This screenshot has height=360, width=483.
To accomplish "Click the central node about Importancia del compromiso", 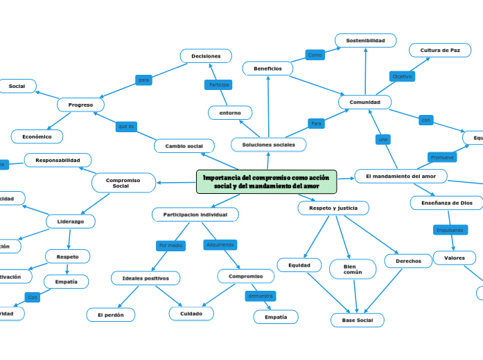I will coord(267,182).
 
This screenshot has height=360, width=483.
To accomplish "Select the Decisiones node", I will coord(206,56).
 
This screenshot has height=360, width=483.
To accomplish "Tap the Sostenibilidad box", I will coord(365,41).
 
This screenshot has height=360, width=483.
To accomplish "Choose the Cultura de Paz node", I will coord(440,51).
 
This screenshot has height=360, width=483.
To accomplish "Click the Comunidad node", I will coord(365,102).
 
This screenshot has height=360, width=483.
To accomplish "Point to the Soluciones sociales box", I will coord(268,145).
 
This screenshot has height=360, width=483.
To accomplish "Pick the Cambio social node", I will coord(184,146).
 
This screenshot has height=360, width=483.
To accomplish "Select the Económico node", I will coord(37,136).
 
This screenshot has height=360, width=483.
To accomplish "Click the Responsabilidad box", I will coord(58,161).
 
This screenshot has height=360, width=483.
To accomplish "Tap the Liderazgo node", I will coord(71,222).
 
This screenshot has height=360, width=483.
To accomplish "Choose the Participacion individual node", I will coord(195,215).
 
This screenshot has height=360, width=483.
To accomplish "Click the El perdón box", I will coord(110,315).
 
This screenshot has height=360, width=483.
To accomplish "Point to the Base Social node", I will coord(357,321).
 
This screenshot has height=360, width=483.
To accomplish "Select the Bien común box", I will coord(353,269).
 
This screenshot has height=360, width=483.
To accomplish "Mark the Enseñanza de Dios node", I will coord(446,203).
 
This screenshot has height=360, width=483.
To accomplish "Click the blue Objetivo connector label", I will coord(402,76).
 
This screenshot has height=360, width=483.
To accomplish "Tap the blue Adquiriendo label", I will coord(220,244).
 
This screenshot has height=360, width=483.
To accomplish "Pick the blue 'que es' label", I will coord(126,126).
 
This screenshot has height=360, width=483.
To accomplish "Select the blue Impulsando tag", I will coord(450,230).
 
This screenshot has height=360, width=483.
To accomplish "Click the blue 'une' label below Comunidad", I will coord(383,140).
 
